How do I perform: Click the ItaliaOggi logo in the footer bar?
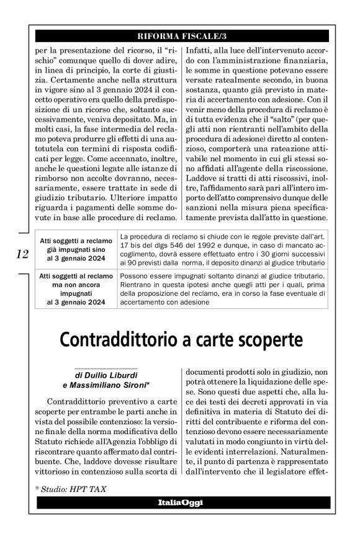point(179,502)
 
